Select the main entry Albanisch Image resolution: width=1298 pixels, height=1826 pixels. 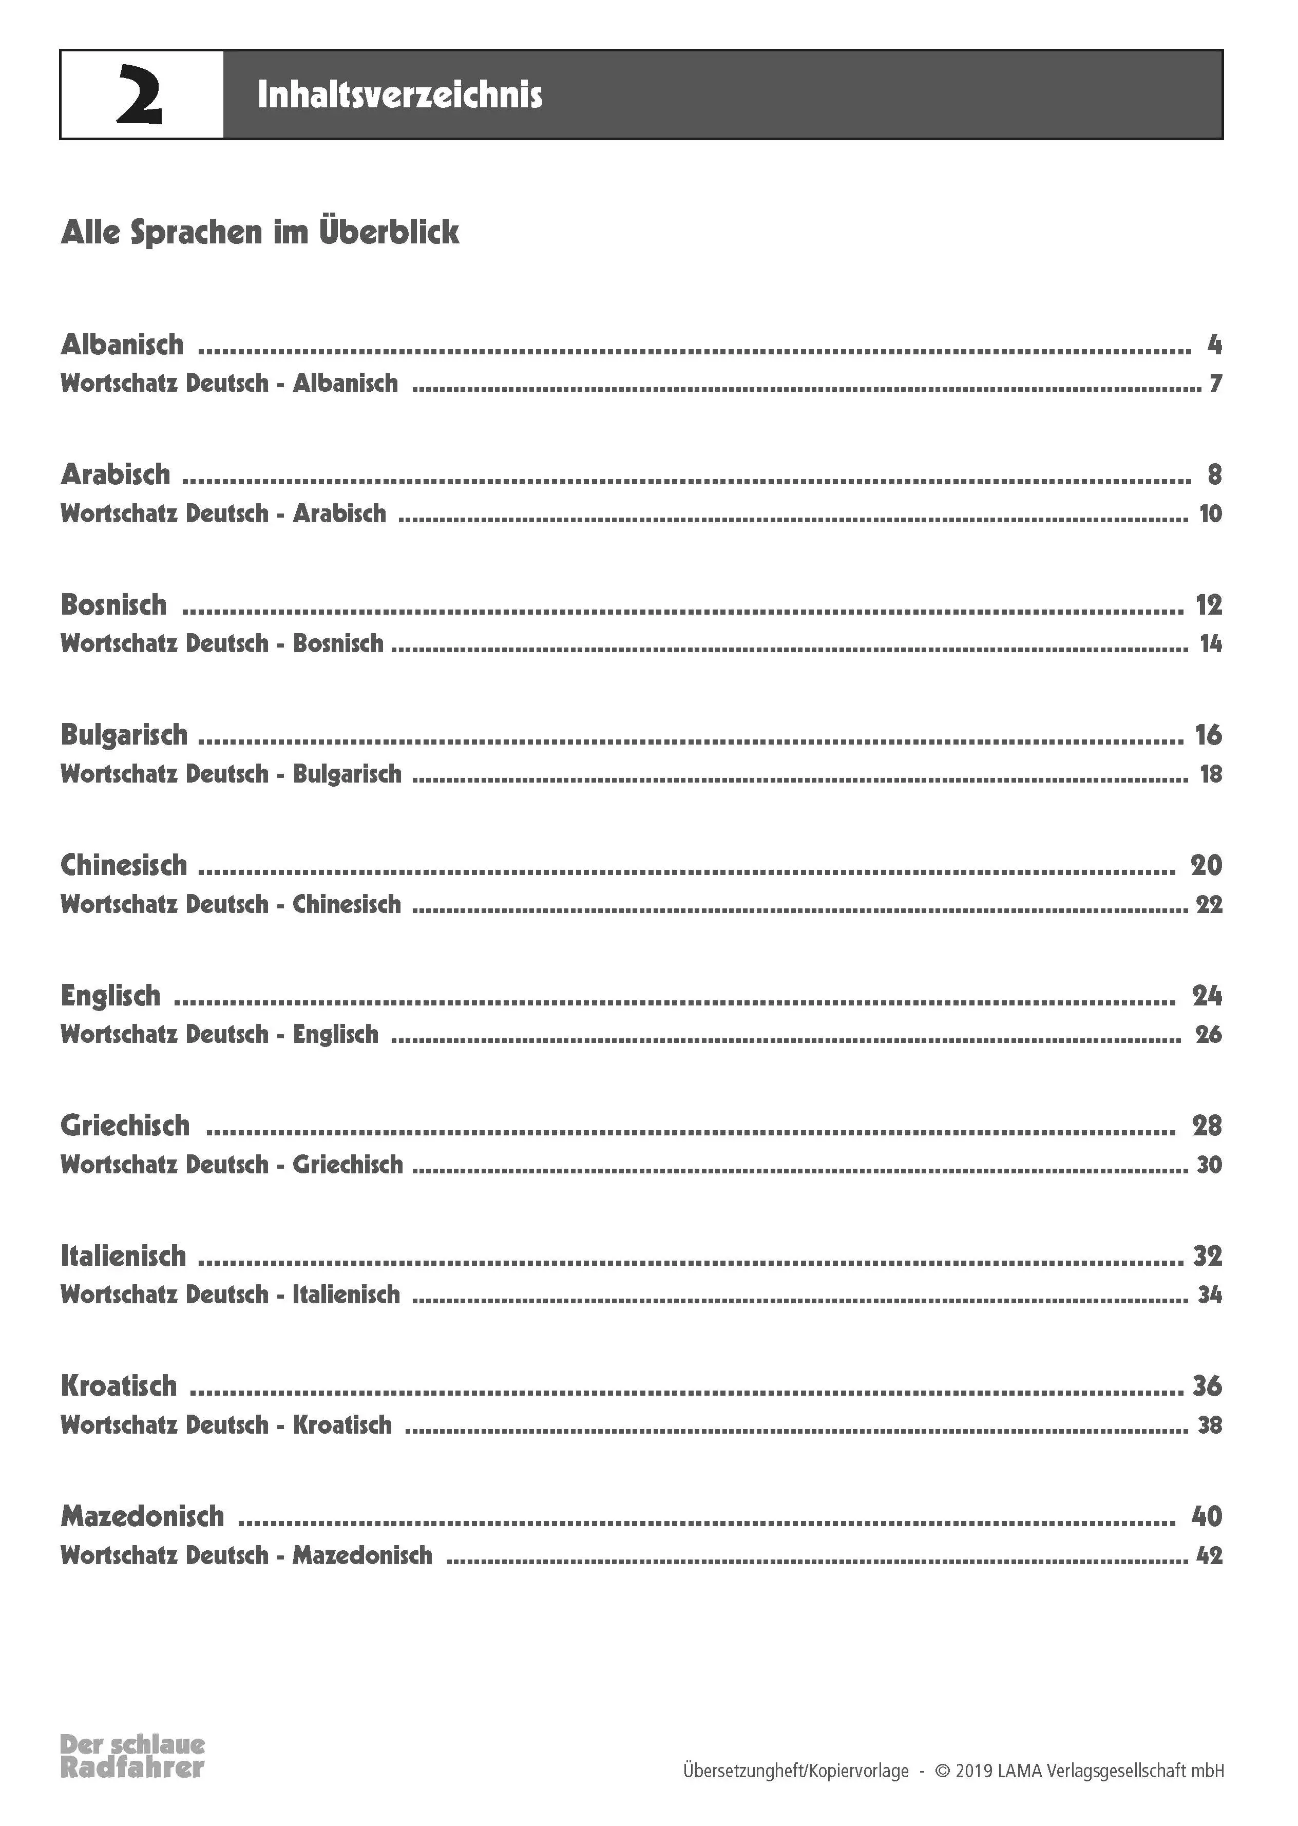[x=122, y=345]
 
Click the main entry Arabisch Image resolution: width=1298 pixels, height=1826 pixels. [x=116, y=474]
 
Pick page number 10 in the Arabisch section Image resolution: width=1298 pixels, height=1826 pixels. [x=1210, y=514]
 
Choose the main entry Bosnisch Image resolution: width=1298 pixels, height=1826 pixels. [x=114, y=605]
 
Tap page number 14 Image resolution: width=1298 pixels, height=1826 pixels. [x=1211, y=644]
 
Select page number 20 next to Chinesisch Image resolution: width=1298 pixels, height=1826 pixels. [x=1206, y=865]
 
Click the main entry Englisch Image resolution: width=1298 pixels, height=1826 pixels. [x=111, y=996]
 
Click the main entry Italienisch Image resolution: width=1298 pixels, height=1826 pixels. [x=123, y=1256]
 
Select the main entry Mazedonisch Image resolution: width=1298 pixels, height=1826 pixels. [x=142, y=1516]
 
